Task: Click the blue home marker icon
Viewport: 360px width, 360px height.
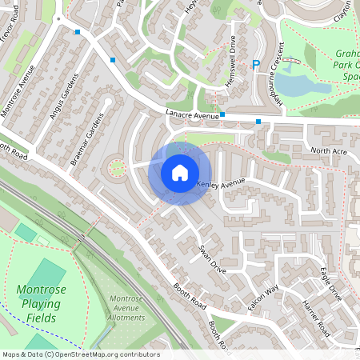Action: click(180, 172)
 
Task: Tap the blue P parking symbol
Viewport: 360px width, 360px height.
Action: click(257, 66)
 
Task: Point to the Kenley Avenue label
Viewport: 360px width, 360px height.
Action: click(221, 183)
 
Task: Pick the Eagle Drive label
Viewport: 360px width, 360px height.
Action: click(330, 285)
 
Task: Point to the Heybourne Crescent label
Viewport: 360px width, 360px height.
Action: click(272, 72)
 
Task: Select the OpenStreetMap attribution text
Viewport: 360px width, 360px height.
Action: click(80, 354)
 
